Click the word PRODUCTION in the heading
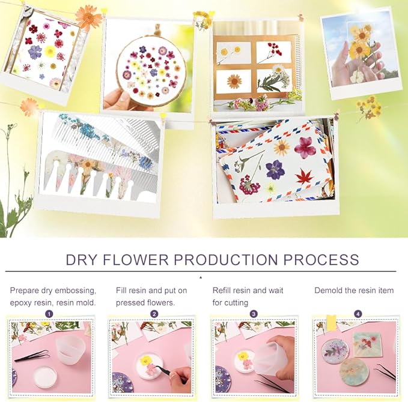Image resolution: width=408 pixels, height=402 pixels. point(226,259)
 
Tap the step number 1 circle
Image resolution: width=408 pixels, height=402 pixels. point(49,314)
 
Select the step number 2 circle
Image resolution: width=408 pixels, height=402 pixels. point(154,314)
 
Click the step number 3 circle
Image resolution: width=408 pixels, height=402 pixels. point(254,314)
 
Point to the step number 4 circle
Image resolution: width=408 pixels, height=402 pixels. point(358,314)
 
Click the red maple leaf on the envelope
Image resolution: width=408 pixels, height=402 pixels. point(304,176)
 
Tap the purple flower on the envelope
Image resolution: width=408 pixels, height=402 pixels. point(274,169)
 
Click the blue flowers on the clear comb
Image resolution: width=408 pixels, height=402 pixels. point(87,129)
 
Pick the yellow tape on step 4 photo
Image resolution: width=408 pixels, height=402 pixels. point(331,323)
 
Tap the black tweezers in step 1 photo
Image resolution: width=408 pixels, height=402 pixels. point(32,355)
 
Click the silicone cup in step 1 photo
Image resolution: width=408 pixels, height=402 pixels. point(67,350)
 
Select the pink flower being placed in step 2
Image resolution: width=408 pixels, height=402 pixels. point(151,369)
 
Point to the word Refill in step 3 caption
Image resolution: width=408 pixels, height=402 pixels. point(222,290)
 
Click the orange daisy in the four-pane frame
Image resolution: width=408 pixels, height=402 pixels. point(234,82)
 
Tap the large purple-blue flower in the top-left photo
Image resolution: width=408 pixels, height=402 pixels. point(35,52)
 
